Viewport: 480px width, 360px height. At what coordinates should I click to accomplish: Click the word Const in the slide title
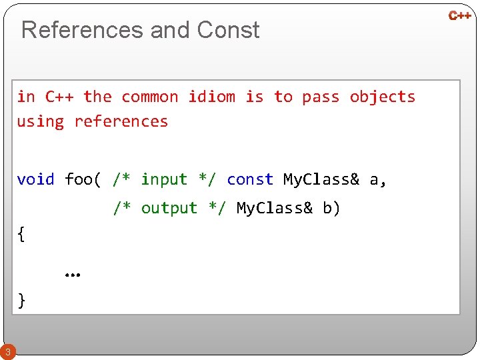228,30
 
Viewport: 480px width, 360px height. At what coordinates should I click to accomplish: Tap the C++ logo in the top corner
460,15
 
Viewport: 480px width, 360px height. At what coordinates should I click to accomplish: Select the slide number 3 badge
7,351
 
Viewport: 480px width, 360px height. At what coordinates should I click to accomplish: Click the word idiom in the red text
211,97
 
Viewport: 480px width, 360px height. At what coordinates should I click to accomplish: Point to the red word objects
382,97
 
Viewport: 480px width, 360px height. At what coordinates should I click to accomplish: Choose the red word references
121,121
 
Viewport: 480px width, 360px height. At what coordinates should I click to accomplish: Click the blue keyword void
35,179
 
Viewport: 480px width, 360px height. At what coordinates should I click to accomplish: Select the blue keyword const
250,179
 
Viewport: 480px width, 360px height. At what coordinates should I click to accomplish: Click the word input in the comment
164,179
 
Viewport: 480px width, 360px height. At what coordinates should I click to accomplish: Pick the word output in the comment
169,208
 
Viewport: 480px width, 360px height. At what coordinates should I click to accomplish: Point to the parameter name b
328,208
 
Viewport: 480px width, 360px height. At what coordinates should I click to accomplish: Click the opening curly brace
22,234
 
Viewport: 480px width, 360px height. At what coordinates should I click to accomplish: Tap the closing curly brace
22,300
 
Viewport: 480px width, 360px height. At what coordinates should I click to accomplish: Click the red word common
150,97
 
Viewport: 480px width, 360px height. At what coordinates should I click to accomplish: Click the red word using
41,122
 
